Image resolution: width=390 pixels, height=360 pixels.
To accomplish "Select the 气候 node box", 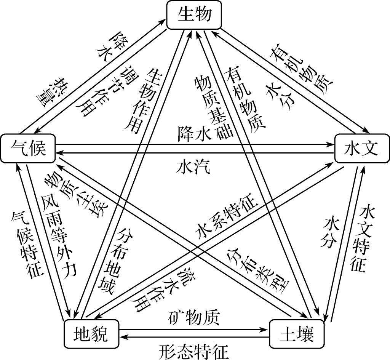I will click(29, 148).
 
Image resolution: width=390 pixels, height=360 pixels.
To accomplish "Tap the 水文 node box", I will click(361, 149).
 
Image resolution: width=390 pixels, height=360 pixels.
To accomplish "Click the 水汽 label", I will click(193, 167).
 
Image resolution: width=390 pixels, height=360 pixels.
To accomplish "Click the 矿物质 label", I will click(193, 317).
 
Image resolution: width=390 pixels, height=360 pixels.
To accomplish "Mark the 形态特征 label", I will click(193, 350).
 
